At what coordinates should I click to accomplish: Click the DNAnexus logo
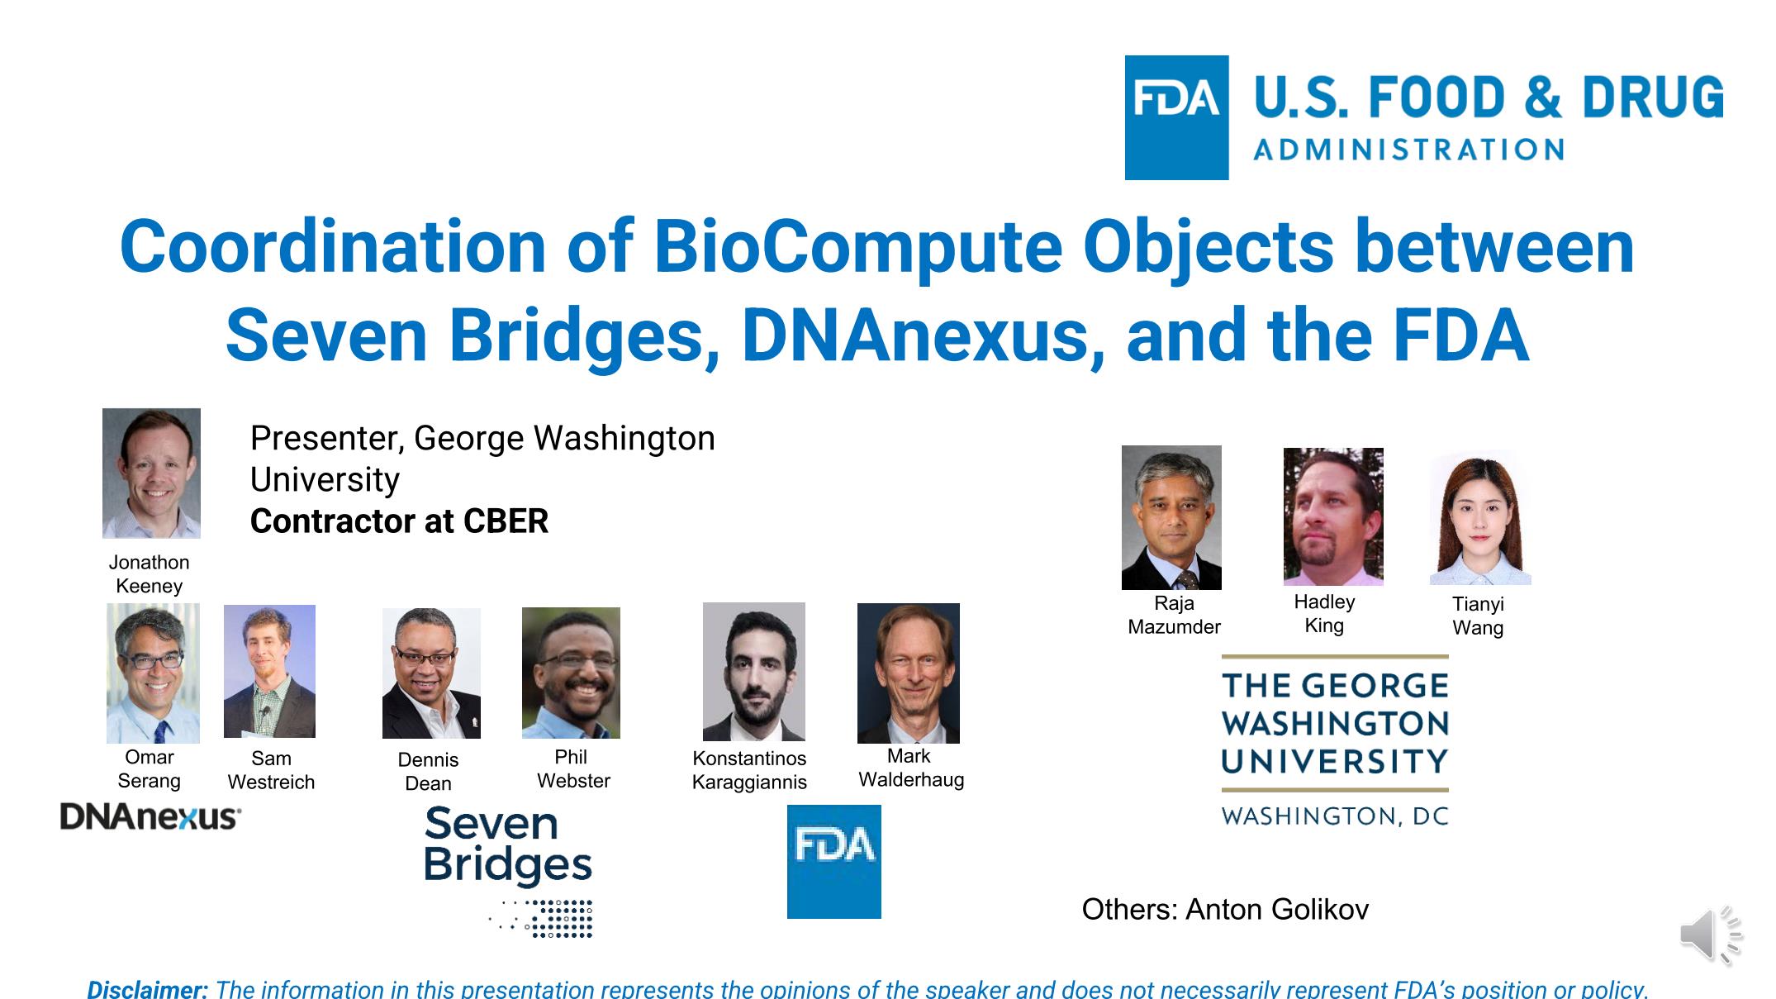tap(150, 817)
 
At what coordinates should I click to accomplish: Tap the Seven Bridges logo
tap(508, 871)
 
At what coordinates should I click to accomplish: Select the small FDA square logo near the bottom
tap(833, 861)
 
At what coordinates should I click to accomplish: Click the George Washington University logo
tap(1335, 740)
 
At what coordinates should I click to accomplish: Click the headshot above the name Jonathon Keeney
tap(151, 473)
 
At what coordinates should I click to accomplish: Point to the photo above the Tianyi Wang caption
tap(1479, 518)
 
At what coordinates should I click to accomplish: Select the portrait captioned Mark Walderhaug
tap(909, 673)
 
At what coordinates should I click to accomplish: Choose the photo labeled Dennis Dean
tap(431, 673)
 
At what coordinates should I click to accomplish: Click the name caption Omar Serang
tap(150, 768)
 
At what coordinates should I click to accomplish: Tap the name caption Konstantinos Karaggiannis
tap(749, 770)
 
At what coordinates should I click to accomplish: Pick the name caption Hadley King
tap(1324, 614)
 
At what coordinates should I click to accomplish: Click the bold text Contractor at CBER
tap(399, 521)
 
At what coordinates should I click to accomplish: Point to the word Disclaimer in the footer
tap(148, 989)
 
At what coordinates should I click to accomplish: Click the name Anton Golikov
tap(1277, 910)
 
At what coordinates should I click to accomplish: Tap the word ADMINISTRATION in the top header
tap(1408, 150)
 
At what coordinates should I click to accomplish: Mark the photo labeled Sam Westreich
tap(269, 671)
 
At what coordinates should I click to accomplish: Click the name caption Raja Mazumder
tap(1174, 616)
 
